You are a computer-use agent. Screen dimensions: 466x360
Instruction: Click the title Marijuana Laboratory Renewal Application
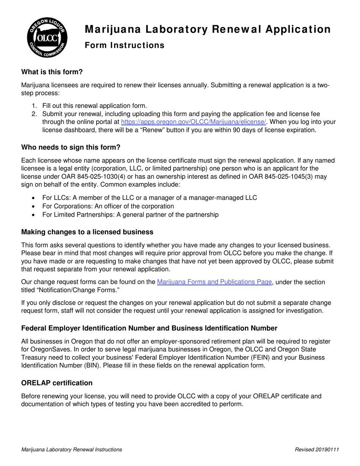click(207, 29)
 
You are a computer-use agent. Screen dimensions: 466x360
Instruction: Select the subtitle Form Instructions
click(124, 45)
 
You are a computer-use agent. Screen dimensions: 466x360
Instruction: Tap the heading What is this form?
click(52, 72)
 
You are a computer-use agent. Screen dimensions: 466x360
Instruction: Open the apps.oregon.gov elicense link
click(193, 122)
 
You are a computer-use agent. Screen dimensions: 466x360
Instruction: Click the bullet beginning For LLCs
click(149, 198)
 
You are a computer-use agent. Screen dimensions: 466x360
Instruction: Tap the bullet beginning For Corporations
click(108, 206)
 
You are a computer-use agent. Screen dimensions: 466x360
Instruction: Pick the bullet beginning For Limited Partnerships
click(130, 214)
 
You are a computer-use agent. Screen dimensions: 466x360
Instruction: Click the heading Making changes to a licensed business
click(87, 232)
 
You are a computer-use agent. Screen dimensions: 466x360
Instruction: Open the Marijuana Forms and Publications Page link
click(214, 282)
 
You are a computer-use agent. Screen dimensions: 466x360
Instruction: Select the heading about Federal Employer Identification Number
click(149, 328)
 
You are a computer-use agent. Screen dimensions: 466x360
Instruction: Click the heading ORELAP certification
click(57, 383)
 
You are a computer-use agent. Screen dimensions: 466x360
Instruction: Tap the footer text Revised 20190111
click(317, 450)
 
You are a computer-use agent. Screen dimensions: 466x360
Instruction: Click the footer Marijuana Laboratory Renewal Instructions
click(72, 450)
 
